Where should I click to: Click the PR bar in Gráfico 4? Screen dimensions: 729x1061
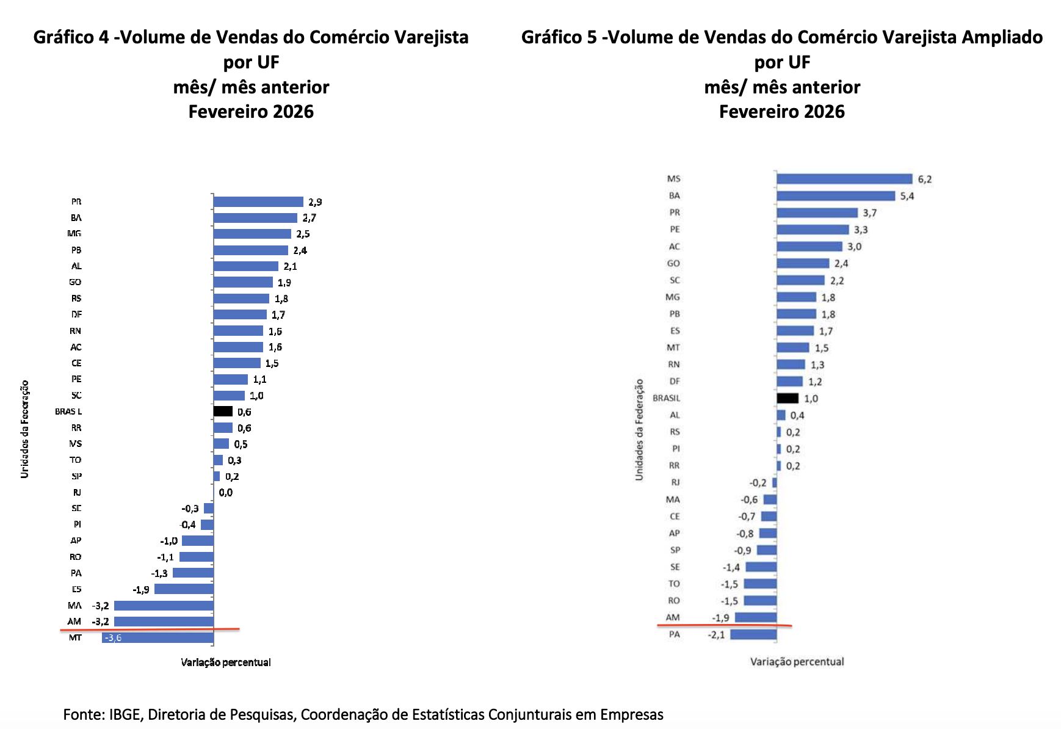click(258, 201)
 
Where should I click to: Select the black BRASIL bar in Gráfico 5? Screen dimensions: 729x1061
click(788, 398)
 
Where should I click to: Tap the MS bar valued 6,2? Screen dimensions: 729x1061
click(844, 179)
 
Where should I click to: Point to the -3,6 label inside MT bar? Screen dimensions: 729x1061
click(114, 638)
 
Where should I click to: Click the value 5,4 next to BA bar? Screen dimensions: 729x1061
click(907, 196)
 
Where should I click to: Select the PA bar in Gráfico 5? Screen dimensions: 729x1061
click(753, 634)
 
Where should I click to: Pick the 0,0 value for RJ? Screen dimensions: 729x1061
click(226, 493)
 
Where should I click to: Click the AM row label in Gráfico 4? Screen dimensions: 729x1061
click(74, 622)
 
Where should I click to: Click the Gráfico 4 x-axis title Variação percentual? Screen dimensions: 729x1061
click(226, 662)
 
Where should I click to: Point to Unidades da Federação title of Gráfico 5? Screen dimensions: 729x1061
click(639, 429)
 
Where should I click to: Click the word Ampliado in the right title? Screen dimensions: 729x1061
click(1002, 37)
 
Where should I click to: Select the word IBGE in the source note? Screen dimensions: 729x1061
click(126, 714)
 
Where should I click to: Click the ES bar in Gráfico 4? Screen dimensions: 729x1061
click(184, 589)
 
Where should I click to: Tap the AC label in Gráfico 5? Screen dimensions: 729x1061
click(674, 247)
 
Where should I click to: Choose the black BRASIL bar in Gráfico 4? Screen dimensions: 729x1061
click(223, 412)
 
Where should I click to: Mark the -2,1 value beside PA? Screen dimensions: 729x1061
click(717, 635)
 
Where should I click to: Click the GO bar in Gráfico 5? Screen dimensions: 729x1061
click(803, 263)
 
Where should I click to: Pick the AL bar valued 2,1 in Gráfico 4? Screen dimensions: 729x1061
click(246, 266)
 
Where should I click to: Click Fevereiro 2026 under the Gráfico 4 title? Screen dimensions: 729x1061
click(251, 112)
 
